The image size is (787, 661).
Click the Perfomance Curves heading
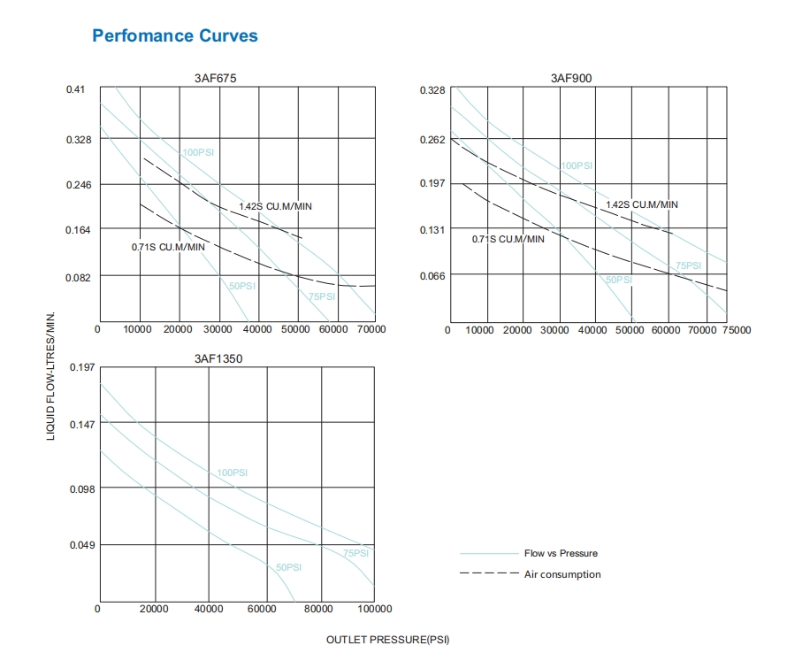point(175,36)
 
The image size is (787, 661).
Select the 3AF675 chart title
point(215,78)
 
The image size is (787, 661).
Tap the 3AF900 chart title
point(570,78)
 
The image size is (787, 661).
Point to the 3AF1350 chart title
point(218,359)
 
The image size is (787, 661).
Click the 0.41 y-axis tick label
point(76,90)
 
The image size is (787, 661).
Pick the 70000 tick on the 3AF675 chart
point(371,329)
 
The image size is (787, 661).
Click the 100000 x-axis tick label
point(374,609)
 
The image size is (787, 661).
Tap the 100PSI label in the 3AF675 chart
point(198,152)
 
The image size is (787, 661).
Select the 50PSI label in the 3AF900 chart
point(619,280)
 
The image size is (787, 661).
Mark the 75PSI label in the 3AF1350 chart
point(356,553)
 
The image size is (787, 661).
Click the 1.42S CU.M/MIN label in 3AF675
point(275,206)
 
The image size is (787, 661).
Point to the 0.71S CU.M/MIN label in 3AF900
point(508,239)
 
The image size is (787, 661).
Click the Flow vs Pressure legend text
point(561,553)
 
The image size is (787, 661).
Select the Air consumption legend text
point(562,574)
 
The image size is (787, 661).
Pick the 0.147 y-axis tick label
point(81,424)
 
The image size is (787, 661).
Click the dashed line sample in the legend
point(489,574)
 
